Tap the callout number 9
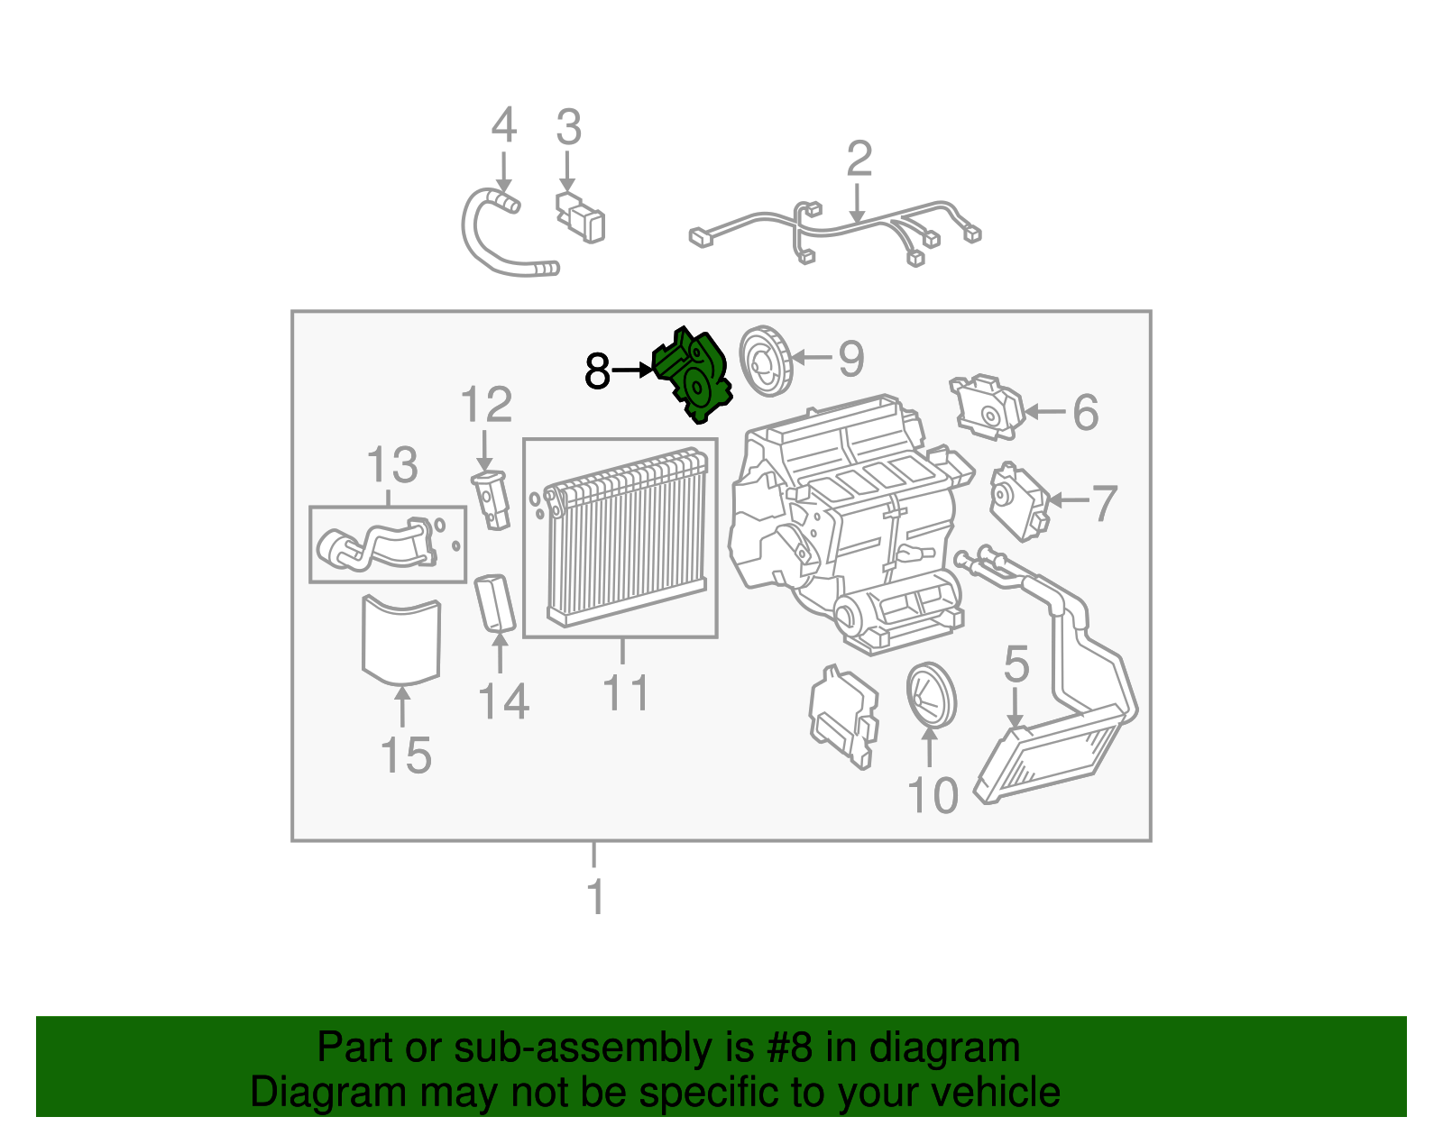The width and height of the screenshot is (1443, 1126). click(850, 359)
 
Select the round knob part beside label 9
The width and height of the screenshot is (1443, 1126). click(765, 361)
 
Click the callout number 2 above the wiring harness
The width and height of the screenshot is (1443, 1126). click(859, 160)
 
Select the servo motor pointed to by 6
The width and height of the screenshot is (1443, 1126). click(987, 408)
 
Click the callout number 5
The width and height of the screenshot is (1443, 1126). click(1016, 664)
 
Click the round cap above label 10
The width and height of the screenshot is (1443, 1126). click(931, 695)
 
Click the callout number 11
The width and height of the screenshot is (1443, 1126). click(625, 693)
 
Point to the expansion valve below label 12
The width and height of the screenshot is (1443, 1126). click(491, 499)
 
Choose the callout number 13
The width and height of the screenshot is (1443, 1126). click(392, 466)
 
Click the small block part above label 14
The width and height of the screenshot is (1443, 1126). click(495, 602)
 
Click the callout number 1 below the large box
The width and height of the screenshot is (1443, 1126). click(595, 897)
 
